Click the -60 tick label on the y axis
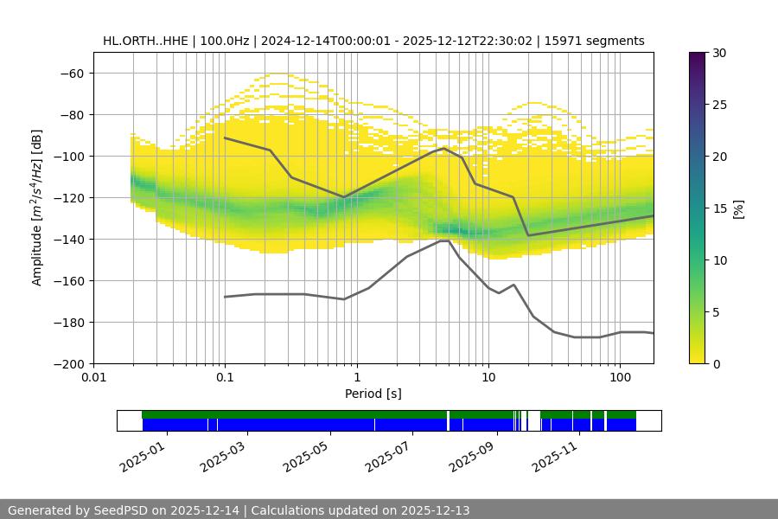pos(72,73)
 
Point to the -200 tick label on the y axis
pos(68,363)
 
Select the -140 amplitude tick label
pos(68,239)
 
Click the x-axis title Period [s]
pos(373,394)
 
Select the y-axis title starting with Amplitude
pos(37,208)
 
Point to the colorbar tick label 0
pos(716,363)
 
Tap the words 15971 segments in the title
pos(595,41)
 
